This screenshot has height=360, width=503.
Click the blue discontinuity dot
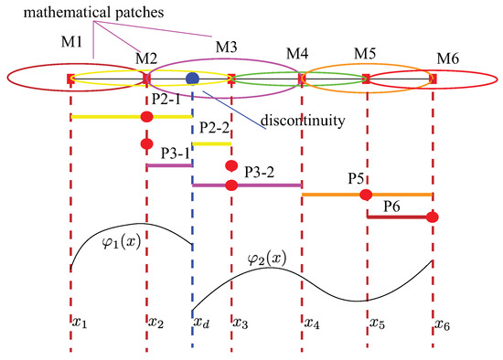(192, 79)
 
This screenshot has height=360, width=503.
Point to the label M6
(447, 59)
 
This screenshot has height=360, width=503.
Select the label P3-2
(264, 169)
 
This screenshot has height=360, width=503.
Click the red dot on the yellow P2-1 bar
(146, 116)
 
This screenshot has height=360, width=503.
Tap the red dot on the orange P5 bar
(366, 195)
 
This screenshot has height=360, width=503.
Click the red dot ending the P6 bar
(433, 217)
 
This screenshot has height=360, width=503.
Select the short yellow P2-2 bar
(211, 143)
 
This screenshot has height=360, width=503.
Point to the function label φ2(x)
(268, 259)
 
